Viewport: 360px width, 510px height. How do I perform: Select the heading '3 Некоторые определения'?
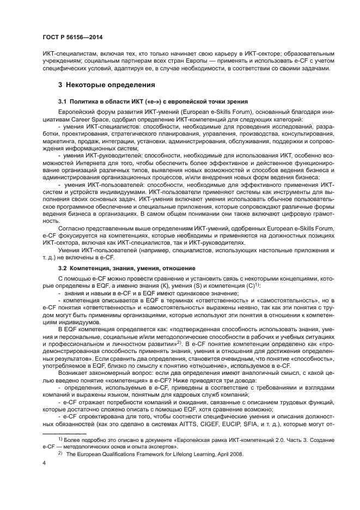click(x=107, y=85)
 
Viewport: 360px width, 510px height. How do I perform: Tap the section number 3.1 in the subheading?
click(x=63, y=102)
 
